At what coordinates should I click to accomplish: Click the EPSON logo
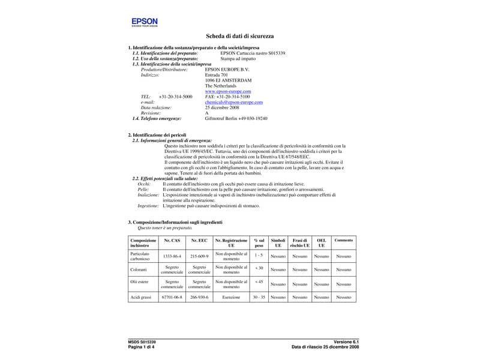click(x=145, y=23)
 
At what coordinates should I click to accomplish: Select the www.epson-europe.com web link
click(x=228, y=91)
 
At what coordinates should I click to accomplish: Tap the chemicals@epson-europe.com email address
click(x=233, y=102)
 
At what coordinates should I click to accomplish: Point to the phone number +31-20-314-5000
click(x=175, y=97)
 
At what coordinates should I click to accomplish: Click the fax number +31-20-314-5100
click(x=227, y=97)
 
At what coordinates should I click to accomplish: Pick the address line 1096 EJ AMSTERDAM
click(x=229, y=80)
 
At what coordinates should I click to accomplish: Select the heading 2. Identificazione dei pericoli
click(x=157, y=136)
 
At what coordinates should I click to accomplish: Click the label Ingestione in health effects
click(x=148, y=206)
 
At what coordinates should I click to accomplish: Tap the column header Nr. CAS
click(x=172, y=240)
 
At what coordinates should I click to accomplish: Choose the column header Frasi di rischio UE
click(x=299, y=242)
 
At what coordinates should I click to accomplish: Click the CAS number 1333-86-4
click(x=172, y=256)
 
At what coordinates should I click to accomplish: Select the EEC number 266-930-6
click(x=199, y=297)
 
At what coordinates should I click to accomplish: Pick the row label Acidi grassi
click(x=140, y=297)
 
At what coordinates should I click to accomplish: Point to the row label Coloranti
click(x=139, y=270)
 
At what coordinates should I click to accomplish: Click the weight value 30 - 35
click(x=259, y=297)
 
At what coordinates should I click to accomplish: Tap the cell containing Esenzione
click(x=231, y=297)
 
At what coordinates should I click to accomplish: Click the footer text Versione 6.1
click(x=346, y=342)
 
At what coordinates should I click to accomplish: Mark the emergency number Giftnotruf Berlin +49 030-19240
click(x=236, y=118)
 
